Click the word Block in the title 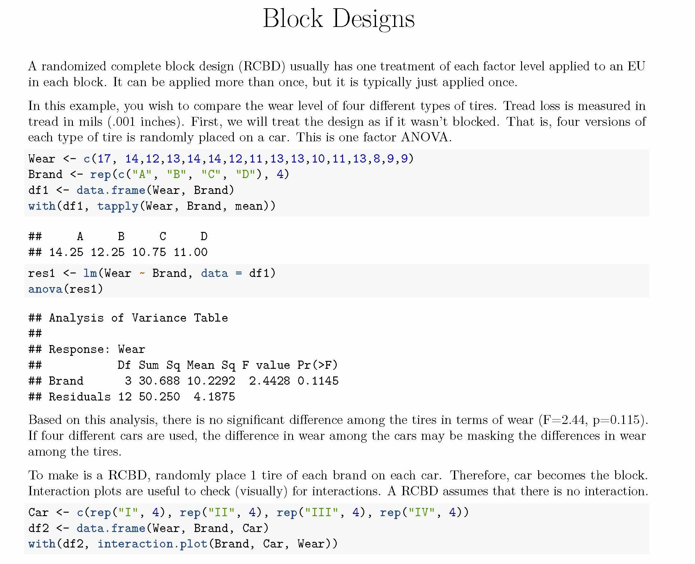(293, 18)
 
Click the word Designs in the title (373, 20)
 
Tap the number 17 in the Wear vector (104, 158)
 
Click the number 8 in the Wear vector (376, 158)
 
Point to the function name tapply (118, 206)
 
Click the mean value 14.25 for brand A (66, 252)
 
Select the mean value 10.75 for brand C (149, 252)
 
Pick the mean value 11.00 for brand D (190, 252)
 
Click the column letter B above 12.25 (121, 236)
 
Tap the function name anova (45, 289)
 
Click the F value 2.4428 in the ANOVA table (269, 381)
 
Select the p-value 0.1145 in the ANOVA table (318, 381)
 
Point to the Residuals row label (80, 397)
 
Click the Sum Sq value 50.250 (159, 397)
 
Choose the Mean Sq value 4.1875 (214, 397)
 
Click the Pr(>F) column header (318, 365)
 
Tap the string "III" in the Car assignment (321, 512)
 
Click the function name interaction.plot (152, 544)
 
